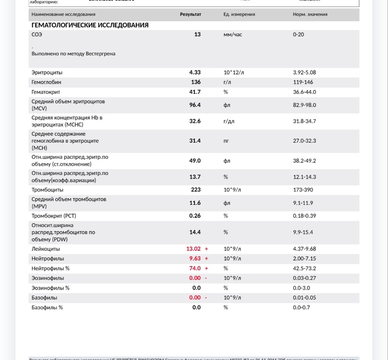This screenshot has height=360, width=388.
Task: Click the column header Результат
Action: [x=191, y=14]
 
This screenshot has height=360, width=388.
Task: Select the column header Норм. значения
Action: [x=310, y=14]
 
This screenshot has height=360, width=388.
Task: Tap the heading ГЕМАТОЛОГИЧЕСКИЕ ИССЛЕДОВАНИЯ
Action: [x=90, y=25]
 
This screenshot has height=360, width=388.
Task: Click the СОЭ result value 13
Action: [x=197, y=34]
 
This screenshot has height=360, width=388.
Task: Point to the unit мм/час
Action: [x=233, y=34]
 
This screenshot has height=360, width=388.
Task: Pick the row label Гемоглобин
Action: [x=46, y=82]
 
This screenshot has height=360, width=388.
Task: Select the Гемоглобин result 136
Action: [x=196, y=82]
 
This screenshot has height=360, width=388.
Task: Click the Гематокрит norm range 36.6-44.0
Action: [x=305, y=92]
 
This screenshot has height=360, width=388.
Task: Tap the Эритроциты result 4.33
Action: [x=195, y=72]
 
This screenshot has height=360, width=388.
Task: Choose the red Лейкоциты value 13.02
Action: [x=193, y=249]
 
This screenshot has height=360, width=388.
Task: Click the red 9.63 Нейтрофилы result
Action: [x=195, y=258]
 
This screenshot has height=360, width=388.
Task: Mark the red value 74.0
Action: [x=195, y=268]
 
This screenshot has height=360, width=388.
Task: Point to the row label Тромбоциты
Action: [x=47, y=190]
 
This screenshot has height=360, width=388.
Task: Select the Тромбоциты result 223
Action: [x=196, y=190]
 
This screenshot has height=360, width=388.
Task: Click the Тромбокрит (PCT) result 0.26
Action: [x=195, y=216]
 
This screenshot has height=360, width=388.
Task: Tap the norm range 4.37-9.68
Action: [x=305, y=249]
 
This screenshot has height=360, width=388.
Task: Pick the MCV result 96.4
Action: [x=195, y=105]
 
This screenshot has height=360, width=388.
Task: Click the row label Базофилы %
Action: [x=47, y=307]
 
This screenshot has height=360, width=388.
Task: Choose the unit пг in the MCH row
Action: [x=226, y=141]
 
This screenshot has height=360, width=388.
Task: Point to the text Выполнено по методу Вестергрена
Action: [x=73, y=54]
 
